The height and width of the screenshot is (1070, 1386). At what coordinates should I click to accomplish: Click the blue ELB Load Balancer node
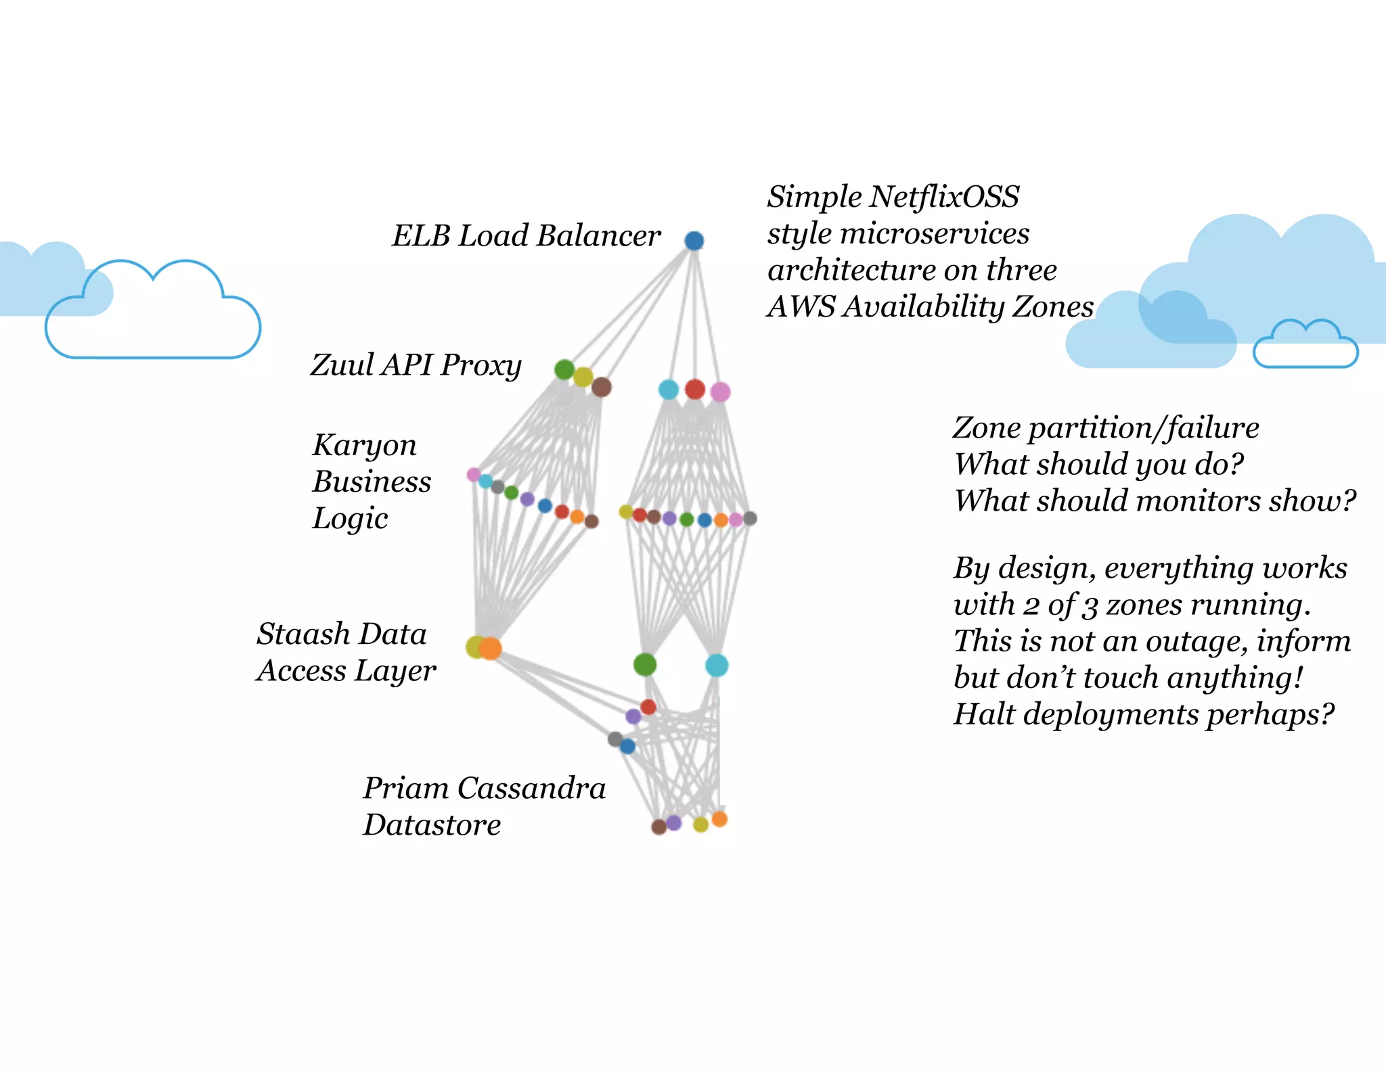pos(694,240)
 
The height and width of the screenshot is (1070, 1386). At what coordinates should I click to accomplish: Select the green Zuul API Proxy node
pos(564,369)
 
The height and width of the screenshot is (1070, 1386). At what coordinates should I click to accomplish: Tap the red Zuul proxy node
pos(695,389)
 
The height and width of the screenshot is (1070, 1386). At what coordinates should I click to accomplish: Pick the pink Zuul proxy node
pos(720,392)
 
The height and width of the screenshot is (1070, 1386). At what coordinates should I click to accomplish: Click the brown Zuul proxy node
pos(601,387)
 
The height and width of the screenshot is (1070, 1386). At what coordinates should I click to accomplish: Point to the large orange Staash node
pos(491,648)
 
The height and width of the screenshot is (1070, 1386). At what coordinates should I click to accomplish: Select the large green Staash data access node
pos(645,665)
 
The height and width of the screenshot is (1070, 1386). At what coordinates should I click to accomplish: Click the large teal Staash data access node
pos(717,666)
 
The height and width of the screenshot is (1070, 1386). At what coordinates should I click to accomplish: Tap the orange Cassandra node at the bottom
pos(719,819)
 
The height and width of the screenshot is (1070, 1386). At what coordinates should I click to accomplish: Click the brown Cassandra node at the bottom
pos(658,827)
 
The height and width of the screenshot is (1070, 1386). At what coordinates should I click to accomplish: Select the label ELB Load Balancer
pos(526,236)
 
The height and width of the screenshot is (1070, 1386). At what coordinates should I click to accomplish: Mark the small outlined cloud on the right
pos(1305,344)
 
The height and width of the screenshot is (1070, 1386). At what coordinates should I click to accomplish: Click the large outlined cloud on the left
pos(153,312)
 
